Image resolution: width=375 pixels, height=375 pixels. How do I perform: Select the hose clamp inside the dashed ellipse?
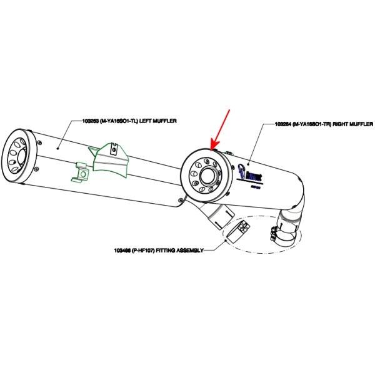pos(278,236)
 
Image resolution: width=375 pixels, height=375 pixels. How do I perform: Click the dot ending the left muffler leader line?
pos(58,148)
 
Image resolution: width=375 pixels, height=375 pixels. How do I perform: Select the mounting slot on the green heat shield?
pos(112,149)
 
